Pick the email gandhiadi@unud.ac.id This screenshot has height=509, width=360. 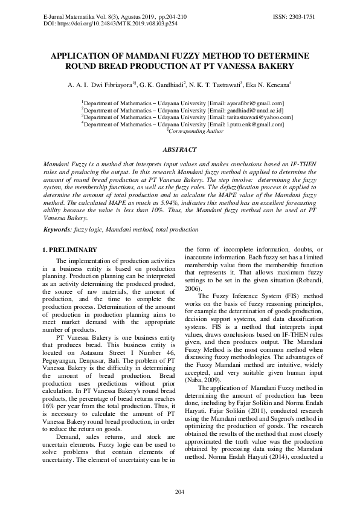[248, 111]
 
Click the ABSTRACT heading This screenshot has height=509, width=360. [179, 149]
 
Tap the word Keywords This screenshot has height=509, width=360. [57, 230]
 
